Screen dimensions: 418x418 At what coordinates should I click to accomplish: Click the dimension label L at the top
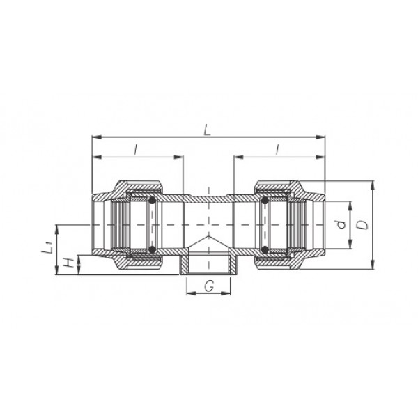[207, 130]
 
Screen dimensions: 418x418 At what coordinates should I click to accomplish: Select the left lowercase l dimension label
[136, 150]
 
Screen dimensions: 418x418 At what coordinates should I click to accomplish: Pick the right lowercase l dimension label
[277, 150]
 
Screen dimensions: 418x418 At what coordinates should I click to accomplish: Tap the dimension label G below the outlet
[209, 286]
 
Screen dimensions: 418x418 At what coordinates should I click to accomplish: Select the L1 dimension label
[47, 247]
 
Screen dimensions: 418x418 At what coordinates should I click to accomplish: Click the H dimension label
[69, 263]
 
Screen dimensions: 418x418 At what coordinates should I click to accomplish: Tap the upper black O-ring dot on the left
[152, 201]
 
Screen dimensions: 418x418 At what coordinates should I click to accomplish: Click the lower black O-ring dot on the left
[152, 249]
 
